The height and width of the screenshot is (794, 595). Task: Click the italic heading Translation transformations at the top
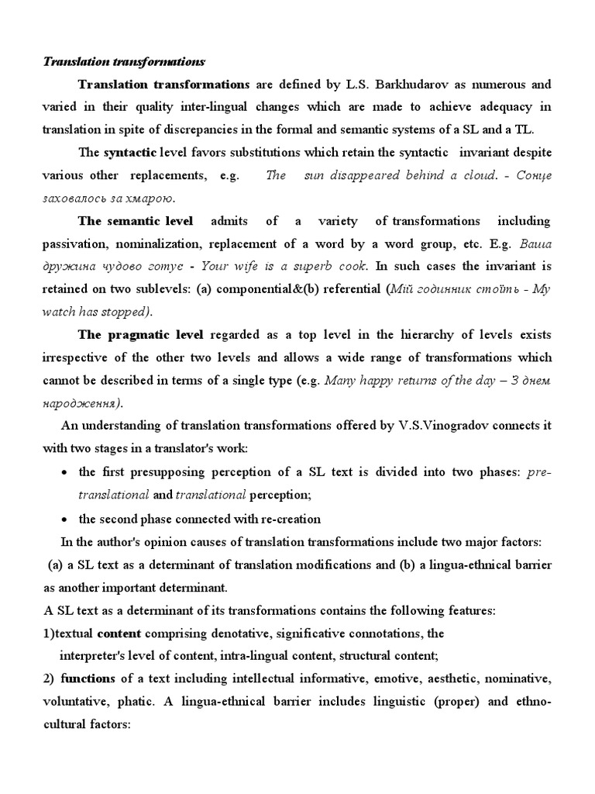pyautogui.click(x=123, y=60)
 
